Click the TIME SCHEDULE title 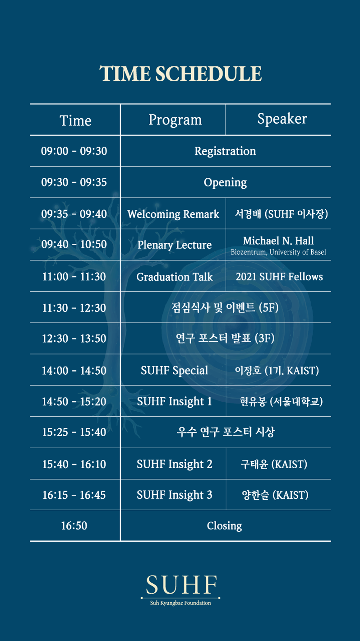pyautogui.click(x=180, y=74)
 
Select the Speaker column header pyautogui.click(x=282, y=119)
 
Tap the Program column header pyautogui.click(x=175, y=120)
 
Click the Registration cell pyautogui.click(x=225, y=151)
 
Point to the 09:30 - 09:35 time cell pyautogui.click(x=74, y=182)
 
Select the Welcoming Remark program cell pyautogui.click(x=173, y=214)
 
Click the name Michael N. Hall pyautogui.click(x=278, y=241)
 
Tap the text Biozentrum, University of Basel pyautogui.click(x=278, y=252)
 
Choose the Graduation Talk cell pyautogui.click(x=175, y=277)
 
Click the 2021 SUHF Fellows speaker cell pyautogui.click(x=279, y=277)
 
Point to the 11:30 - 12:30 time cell pyautogui.click(x=74, y=308)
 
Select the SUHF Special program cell pyautogui.click(x=175, y=371)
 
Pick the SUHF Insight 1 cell pyautogui.click(x=175, y=401)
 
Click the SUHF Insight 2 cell pyautogui.click(x=175, y=464)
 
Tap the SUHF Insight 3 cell pyautogui.click(x=175, y=495)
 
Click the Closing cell pyautogui.click(x=225, y=526)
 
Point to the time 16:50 pyautogui.click(x=74, y=526)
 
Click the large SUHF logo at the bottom pyautogui.click(x=181, y=585)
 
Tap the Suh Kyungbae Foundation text pyautogui.click(x=180, y=603)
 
